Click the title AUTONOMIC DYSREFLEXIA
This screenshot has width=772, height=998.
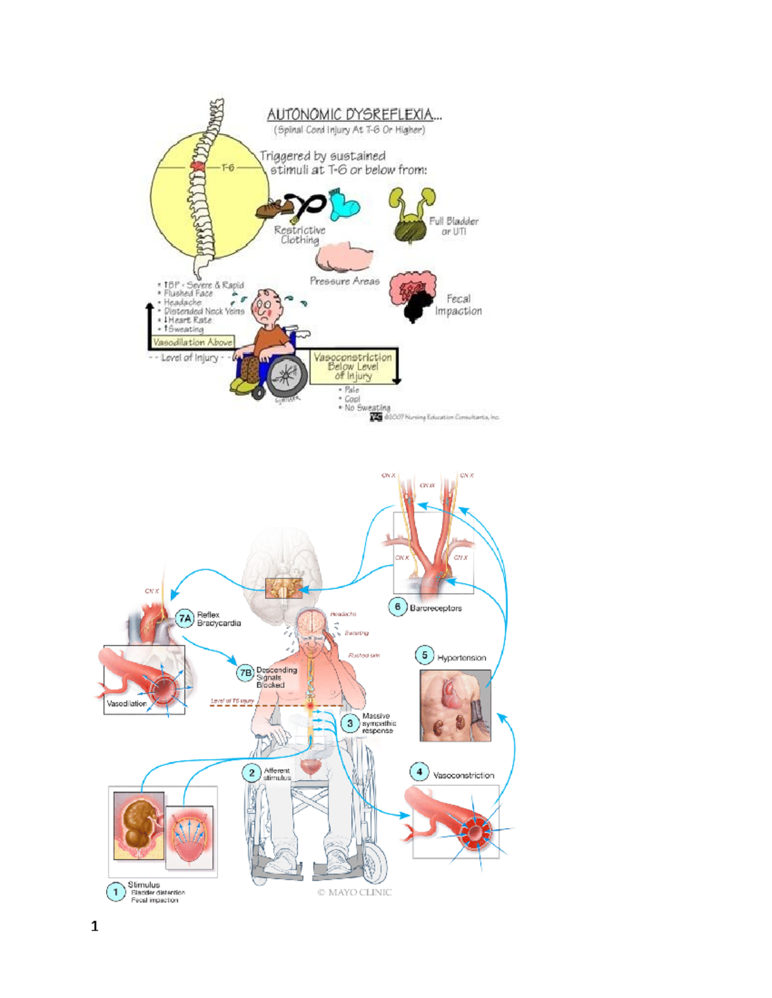tap(354, 114)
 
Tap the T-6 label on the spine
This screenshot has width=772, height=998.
tap(228, 168)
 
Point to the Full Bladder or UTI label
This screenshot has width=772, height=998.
tap(454, 226)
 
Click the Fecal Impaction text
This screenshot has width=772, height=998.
tap(458, 305)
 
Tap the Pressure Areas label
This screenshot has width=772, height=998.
tap(344, 281)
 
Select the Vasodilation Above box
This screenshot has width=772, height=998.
tap(192, 343)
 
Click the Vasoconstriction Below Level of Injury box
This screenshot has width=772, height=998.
tap(353, 366)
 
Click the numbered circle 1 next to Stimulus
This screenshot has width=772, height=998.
tap(116, 892)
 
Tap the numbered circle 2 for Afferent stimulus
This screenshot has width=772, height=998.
tap(252, 772)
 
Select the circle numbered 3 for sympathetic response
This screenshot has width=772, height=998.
tap(349, 724)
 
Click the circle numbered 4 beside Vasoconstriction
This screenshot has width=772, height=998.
tap(419, 772)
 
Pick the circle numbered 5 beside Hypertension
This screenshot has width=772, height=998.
tap(424, 655)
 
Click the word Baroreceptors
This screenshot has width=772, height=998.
tap(436, 608)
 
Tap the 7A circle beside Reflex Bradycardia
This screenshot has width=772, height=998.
tap(185, 618)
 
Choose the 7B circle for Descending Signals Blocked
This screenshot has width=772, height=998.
tap(245, 673)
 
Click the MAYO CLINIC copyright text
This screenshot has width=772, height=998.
tap(354, 892)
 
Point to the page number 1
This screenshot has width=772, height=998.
tap(95, 926)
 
